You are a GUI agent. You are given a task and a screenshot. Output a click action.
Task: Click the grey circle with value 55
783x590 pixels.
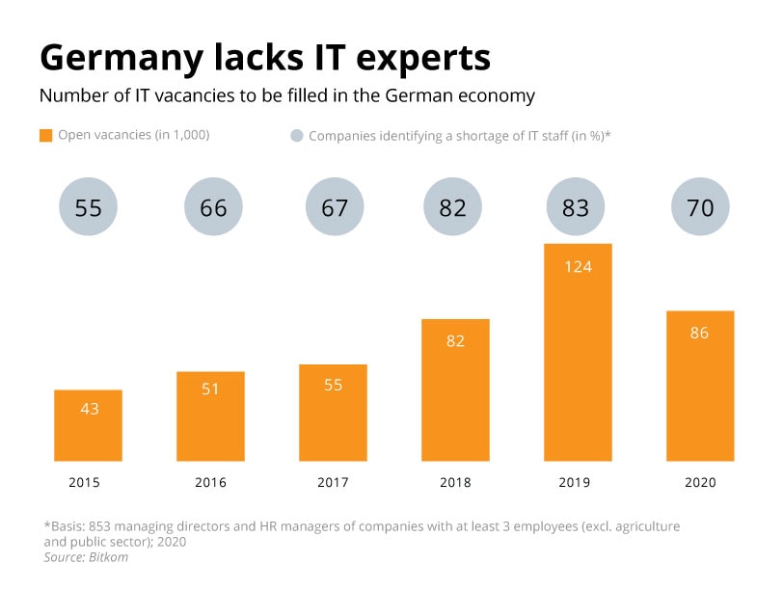click(x=89, y=207)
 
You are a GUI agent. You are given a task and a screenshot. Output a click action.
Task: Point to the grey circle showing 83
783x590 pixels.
click(x=576, y=207)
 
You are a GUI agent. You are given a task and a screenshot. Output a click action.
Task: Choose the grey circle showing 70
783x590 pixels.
click(x=700, y=207)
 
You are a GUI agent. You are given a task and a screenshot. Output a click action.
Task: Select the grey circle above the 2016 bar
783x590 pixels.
click(x=213, y=207)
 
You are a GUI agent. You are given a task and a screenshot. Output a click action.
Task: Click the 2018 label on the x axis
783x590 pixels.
click(x=456, y=482)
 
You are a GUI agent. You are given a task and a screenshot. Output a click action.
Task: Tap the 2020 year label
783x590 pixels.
click(x=700, y=482)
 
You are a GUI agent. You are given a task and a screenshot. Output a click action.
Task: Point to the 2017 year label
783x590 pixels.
click(x=334, y=482)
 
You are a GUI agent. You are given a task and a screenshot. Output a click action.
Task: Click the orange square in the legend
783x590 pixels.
click(x=45, y=136)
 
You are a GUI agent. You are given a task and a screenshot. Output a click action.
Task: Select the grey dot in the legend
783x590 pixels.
click(x=296, y=136)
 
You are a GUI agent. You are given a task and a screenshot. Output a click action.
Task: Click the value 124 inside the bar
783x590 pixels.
click(x=577, y=266)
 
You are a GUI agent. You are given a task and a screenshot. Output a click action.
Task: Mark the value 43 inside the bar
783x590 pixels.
click(x=89, y=409)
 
